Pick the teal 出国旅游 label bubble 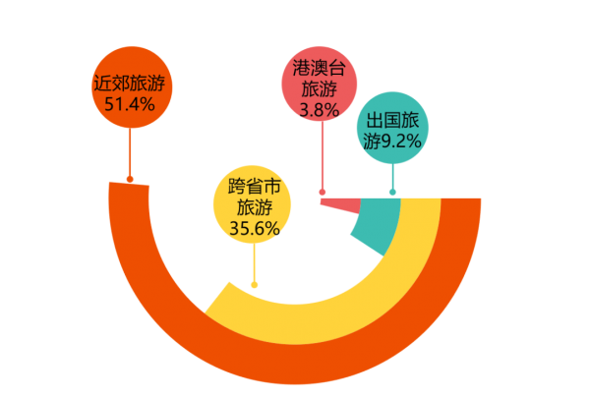pos(392,130)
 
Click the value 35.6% pos(254,228)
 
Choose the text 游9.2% pos(391,142)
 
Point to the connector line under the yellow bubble pos(255,263)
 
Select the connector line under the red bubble pos(322,157)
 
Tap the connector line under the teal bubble pos(393,177)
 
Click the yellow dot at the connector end pos(255,285)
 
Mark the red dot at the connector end pos(322,192)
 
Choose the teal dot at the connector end pos(393,193)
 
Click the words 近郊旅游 pos(130,83)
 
